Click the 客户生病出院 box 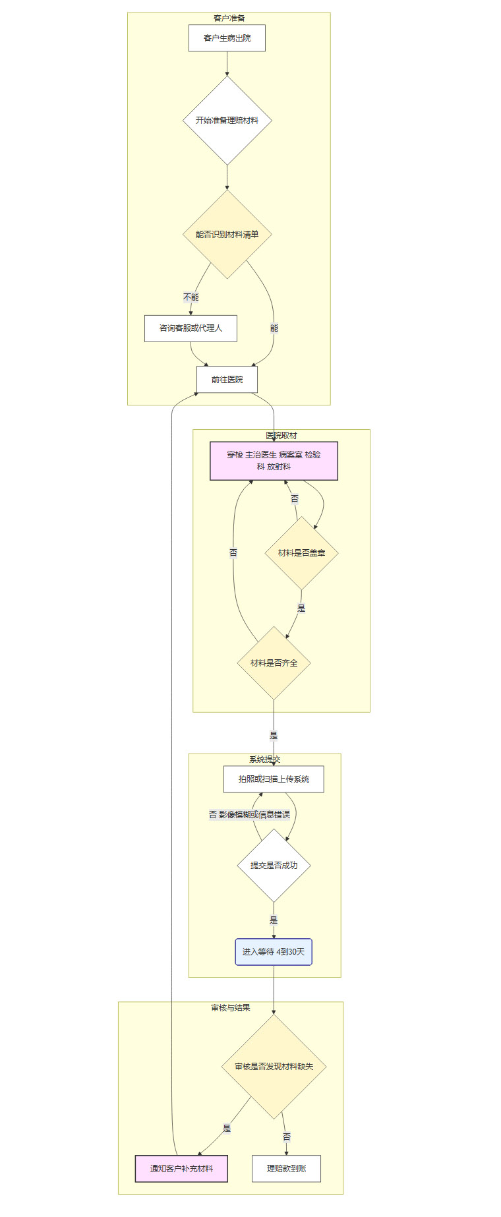pyautogui.click(x=227, y=38)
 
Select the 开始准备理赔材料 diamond pyautogui.click(x=227, y=121)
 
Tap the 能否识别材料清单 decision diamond pyautogui.click(x=227, y=234)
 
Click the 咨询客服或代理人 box pyautogui.click(x=191, y=328)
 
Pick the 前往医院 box pyautogui.click(x=227, y=380)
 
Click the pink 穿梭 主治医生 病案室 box pyautogui.click(x=274, y=461)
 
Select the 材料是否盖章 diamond pyautogui.click(x=301, y=553)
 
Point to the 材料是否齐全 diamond pyautogui.click(x=274, y=663)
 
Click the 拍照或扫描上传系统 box pyautogui.click(x=274, y=779)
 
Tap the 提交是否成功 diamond pyautogui.click(x=274, y=865)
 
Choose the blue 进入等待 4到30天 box pyautogui.click(x=274, y=952)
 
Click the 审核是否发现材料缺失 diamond pyautogui.click(x=274, y=1066)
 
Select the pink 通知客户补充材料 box pyautogui.click(x=181, y=1169)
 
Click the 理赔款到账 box pyautogui.click(x=286, y=1169)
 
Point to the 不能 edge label pyautogui.click(x=191, y=297)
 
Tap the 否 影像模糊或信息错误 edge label pyautogui.click(x=249, y=815)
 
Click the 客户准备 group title pyautogui.click(x=229, y=18)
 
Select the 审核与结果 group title pyautogui.click(x=231, y=1008)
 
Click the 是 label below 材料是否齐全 pyautogui.click(x=274, y=736)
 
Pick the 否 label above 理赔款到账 pyautogui.click(x=287, y=1137)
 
